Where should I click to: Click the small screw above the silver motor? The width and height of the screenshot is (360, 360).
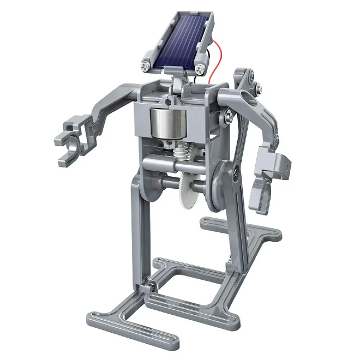coord(167,101)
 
